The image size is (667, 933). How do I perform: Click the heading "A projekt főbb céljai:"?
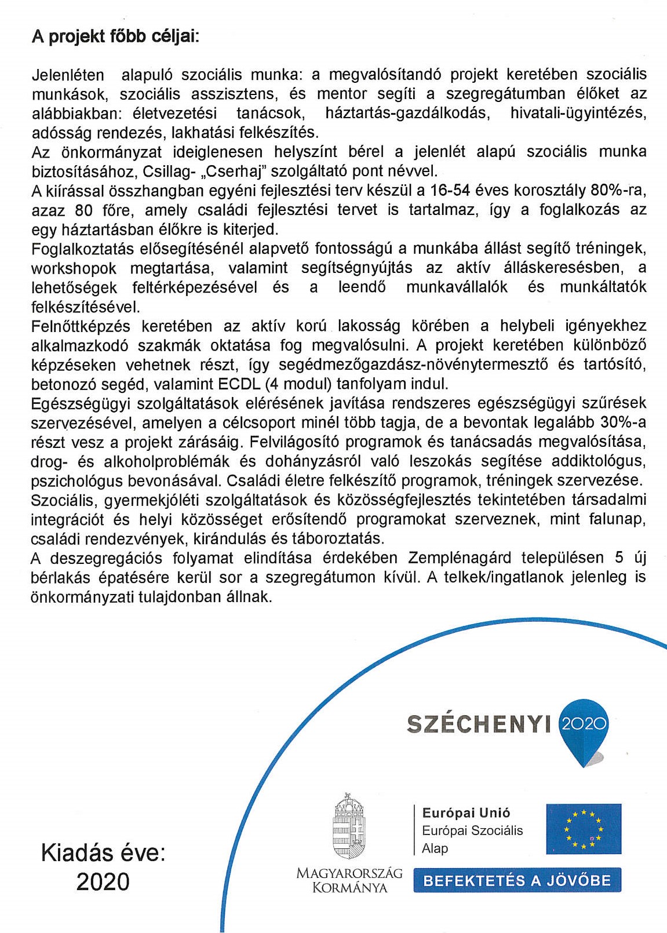115,37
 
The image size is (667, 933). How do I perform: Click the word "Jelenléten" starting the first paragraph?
68,75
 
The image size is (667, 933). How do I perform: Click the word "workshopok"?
74,268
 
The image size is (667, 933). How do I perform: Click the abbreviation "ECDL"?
239,384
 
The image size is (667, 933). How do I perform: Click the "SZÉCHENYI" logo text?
479,724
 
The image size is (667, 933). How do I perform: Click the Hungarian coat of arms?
349,826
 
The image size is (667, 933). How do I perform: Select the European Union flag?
584,829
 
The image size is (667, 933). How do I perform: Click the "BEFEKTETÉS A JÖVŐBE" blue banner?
517,881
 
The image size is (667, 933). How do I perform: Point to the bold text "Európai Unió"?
466,813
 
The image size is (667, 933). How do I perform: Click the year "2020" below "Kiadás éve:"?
103,882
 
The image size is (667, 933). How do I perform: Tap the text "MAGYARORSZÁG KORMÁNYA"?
349,880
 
